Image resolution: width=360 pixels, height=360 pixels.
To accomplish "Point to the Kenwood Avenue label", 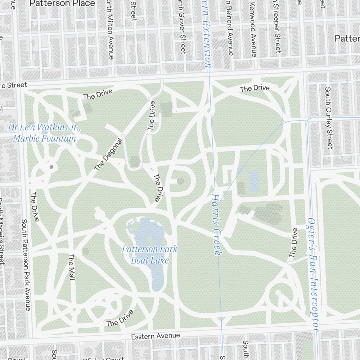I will (x=253, y=29).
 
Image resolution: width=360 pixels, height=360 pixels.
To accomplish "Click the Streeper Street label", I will (x=277, y=27).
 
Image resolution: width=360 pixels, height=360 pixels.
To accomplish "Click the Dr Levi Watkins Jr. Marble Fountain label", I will (x=44, y=133).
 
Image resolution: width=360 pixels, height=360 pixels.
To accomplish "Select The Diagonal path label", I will (x=108, y=155).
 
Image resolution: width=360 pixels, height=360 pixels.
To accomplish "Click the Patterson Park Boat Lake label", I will (x=149, y=255).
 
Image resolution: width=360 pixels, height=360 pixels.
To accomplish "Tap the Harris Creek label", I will (x=216, y=225).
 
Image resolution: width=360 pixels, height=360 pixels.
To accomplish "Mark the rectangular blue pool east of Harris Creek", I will (x=254, y=181).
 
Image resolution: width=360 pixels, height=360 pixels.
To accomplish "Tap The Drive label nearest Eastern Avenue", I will (x=120, y=318).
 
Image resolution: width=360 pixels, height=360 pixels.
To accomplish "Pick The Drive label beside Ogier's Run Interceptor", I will (x=294, y=243).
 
